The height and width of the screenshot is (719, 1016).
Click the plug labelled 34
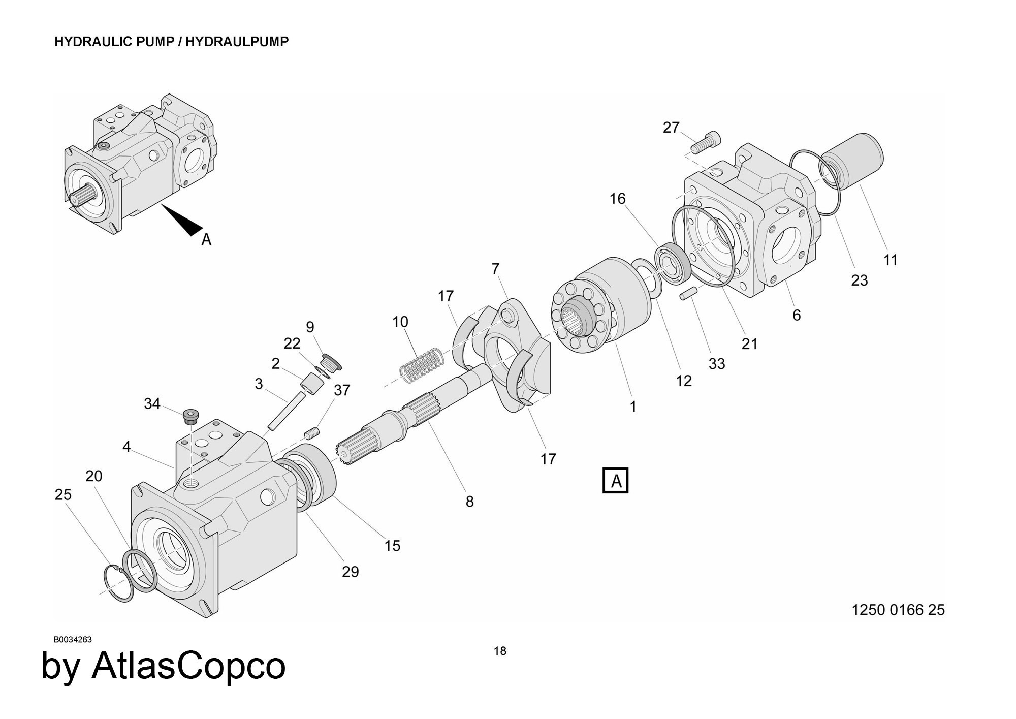(x=190, y=416)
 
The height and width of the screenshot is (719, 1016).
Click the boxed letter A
(x=615, y=480)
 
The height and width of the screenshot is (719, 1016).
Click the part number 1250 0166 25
(x=898, y=610)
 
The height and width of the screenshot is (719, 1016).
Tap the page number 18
(x=500, y=651)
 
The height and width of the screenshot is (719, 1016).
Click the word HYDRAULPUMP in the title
(x=237, y=42)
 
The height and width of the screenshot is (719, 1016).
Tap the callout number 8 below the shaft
(x=469, y=502)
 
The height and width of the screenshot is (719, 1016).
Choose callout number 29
(x=350, y=572)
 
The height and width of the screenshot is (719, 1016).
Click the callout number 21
(x=749, y=344)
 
